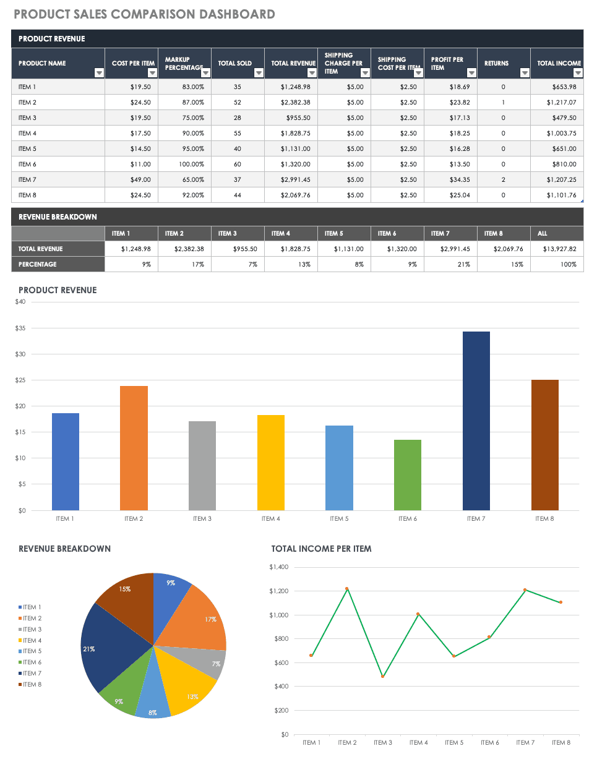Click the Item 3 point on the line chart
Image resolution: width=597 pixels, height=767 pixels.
(383, 676)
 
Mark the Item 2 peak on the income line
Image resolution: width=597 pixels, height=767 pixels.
(347, 589)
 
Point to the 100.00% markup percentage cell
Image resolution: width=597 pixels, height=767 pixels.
(191, 164)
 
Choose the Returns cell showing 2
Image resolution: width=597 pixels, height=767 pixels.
(503, 179)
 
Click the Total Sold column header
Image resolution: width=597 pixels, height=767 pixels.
(234, 63)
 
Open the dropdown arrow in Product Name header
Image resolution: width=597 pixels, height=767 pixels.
(99, 73)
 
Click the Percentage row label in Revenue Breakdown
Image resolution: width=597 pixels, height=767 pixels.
(38, 264)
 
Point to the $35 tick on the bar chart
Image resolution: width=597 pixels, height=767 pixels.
(20, 328)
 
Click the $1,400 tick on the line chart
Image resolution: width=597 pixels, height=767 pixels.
(278, 567)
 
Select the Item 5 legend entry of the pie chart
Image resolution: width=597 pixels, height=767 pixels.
(32, 651)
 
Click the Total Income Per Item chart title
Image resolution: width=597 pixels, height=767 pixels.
(321, 549)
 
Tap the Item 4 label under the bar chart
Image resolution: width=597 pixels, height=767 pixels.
(270, 519)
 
